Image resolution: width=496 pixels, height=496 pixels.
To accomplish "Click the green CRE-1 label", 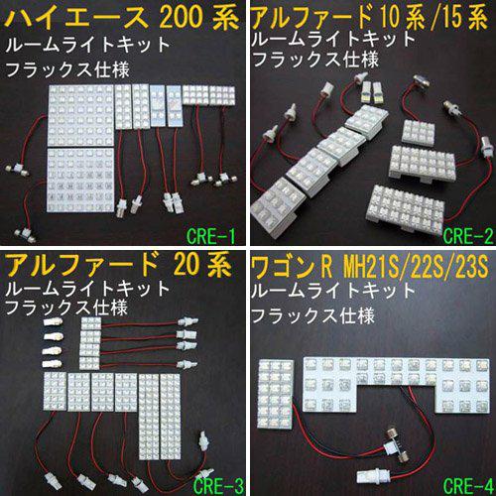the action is click(211, 236).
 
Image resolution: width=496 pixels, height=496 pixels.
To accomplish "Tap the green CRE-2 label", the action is click(467, 236).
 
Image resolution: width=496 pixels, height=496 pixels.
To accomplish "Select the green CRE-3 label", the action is click(218, 485).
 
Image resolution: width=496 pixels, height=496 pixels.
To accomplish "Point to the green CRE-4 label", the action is click(467, 485).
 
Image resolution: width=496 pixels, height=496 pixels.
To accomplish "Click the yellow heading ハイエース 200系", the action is click(122, 18).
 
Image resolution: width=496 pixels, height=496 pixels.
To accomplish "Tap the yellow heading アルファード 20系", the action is click(118, 265).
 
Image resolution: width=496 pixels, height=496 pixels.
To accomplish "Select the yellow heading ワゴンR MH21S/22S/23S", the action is click(370, 267).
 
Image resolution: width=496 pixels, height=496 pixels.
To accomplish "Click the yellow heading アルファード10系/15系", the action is click(370, 17).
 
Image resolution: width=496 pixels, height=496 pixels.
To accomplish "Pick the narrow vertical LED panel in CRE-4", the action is click(275, 395).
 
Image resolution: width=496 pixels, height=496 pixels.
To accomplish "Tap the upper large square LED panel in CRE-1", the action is click(81, 116).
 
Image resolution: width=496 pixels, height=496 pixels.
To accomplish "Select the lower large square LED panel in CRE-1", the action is click(80, 181).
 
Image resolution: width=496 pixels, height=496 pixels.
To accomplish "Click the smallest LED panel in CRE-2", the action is click(419, 132).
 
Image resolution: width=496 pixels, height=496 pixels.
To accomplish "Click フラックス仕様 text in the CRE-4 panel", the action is click(312, 315).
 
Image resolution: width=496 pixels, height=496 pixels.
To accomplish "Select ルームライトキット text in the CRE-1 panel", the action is click(88, 45).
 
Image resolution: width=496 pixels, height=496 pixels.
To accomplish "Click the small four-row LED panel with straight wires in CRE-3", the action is click(90, 343).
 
